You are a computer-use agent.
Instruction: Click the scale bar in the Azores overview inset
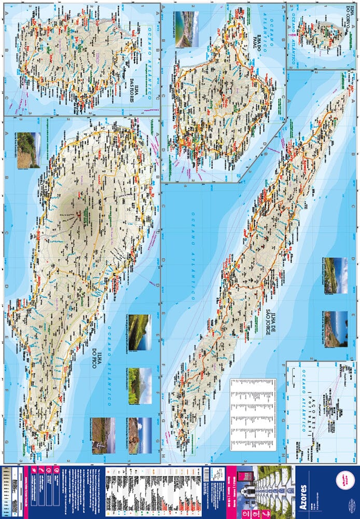tap(295, 372)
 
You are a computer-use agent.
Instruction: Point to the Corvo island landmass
tap(322, 34)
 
